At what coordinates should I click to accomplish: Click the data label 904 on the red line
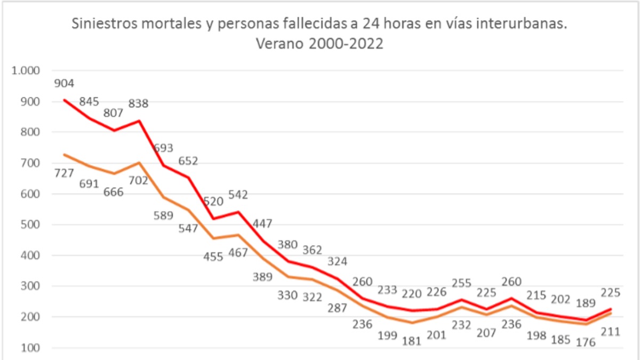click(64, 83)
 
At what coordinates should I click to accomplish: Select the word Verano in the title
click(281, 44)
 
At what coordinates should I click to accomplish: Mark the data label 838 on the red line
click(138, 103)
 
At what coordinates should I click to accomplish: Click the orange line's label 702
click(138, 181)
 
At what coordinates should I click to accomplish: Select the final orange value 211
click(609, 332)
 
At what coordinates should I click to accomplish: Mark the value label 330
click(287, 295)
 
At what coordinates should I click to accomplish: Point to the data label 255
click(461, 283)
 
